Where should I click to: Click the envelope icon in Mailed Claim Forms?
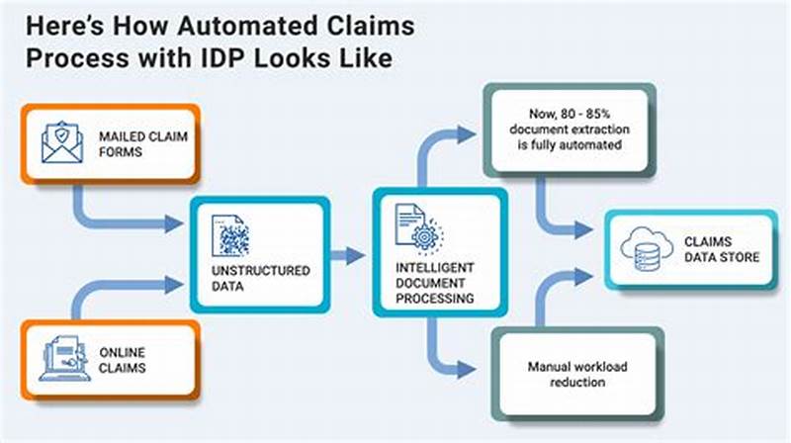[x=62, y=141]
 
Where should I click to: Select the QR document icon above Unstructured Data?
[x=229, y=235]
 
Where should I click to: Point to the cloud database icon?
[x=644, y=249]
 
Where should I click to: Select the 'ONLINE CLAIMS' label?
[x=124, y=360]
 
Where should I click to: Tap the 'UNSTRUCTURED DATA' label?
[x=261, y=278]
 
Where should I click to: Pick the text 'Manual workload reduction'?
[x=576, y=375]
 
